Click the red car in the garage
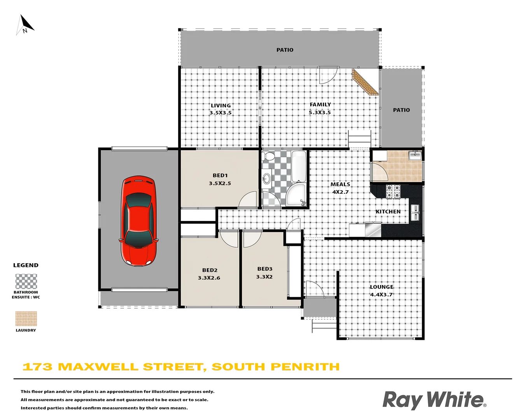pyautogui.click(x=139, y=221)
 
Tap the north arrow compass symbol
pyautogui.click(x=25, y=24)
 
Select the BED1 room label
pyautogui.click(x=220, y=175)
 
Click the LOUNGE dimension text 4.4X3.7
pyautogui.click(x=381, y=295)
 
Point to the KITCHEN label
pyautogui.click(x=388, y=212)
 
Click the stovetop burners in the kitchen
pyautogui.click(x=393, y=191)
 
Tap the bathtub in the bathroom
pyautogui.click(x=299, y=166)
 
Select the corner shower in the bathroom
pyautogui.click(x=296, y=195)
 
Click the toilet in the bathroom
pyautogui.click(x=268, y=157)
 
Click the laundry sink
pyautogui.click(x=415, y=156)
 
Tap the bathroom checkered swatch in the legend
pyautogui.click(x=26, y=281)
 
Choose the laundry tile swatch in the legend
pyautogui.click(x=26, y=318)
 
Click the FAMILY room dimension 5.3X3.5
pyautogui.click(x=320, y=112)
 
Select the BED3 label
pyautogui.click(x=265, y=269)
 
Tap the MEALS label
pyautogui.click(x=340, y=184)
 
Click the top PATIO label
pyautogui.click(x=285, y=50)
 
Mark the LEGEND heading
pyautogui.click(x=26, y=265)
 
